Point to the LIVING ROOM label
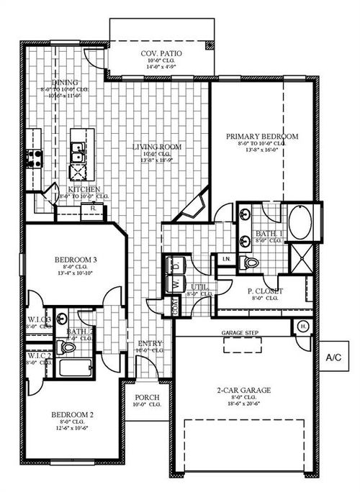click(156, 147)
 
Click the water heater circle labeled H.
click(303, 325)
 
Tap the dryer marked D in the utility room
click(175, 265)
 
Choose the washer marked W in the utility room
click(175, 285)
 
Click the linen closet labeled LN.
click(225, 258)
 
